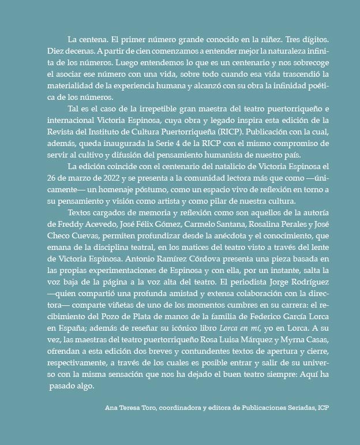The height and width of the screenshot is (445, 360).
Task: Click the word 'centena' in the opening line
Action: coord(92,39)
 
